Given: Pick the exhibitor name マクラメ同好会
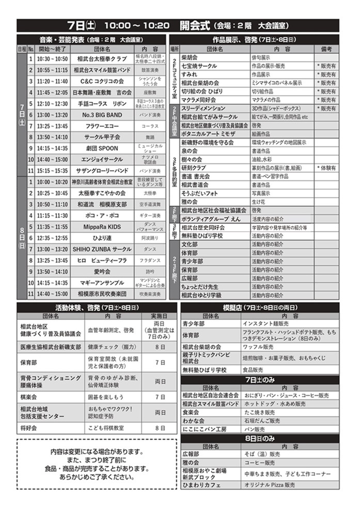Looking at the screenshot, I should click(199, 100).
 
